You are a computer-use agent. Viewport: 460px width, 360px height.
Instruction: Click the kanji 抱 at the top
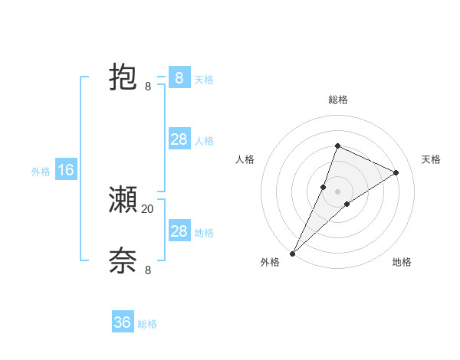click(x=123, y=78)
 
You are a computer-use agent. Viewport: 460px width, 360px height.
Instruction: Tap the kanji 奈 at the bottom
click(x=123, y=261)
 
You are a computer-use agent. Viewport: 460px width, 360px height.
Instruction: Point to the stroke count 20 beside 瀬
click(x=147, y=208)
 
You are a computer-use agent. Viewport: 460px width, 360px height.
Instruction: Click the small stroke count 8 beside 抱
click(x=148, y=87)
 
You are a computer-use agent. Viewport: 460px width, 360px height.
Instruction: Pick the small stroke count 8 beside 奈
click(x=148, y=270)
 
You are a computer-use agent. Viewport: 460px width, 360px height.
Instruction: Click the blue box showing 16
click(x=65, y=170)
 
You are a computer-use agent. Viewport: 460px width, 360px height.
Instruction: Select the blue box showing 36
click(x=123, y=322)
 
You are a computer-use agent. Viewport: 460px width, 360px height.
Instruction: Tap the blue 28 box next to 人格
click(x=179, y=139)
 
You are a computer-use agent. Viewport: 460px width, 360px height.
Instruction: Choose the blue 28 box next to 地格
click(x=179, y=231)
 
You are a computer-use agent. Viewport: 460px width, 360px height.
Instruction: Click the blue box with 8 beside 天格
click(x=179, y=78)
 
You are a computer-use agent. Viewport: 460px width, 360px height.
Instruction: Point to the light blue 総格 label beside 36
click(x=147, y=324)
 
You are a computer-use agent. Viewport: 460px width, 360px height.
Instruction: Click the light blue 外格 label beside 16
click(x=41, y=172)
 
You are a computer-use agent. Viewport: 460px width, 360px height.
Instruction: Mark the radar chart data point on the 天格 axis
click(x=396, y=172)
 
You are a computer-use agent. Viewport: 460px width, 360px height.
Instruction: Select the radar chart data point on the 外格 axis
click(x=293, y=253)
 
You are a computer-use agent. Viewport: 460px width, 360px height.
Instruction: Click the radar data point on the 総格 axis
click(x=337, y=146)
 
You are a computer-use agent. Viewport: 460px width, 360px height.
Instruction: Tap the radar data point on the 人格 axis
click(x=324, y=187)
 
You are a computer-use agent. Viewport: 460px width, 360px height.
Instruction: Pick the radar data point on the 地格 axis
click(x=347, y=204)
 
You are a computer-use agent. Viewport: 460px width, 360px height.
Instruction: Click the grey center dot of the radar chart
click(x=337, y=191)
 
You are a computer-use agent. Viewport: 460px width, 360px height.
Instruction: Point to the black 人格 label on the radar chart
click(x=245, y=159)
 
